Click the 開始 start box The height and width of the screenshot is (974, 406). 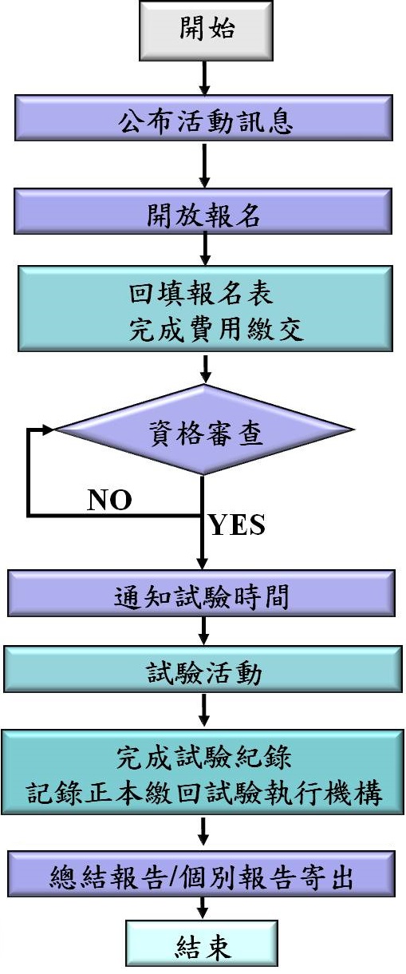tap(206, 30)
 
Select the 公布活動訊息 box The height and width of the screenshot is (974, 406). tap(203, 118)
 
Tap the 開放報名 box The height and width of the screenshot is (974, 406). tap(203, 212)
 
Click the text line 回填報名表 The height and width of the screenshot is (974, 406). tap(201, 293)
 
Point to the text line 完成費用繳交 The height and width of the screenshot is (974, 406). tap(216, 329)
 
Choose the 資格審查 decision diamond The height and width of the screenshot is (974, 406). tap(204, 430)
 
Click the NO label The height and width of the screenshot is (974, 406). tap(109, 500)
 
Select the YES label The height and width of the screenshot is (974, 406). tap(237, 525)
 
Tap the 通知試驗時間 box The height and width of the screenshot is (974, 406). tap(201, 593)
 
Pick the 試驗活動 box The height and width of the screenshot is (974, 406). tap(203, 669)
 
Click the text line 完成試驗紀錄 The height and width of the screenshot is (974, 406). tap(203, 757)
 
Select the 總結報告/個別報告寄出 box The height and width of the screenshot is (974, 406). tap(202, 874)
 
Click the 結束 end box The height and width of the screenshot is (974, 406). tap(202, 947)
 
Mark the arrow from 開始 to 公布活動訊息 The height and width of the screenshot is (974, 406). tap(205, 77)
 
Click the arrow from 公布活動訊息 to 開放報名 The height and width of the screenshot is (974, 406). tap(205, 165)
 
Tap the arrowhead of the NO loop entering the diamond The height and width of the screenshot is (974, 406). tap(48, 430)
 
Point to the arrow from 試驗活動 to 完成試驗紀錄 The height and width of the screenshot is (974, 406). tap(203, 710)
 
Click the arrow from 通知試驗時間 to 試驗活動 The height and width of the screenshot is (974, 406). tap(203, 631)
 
